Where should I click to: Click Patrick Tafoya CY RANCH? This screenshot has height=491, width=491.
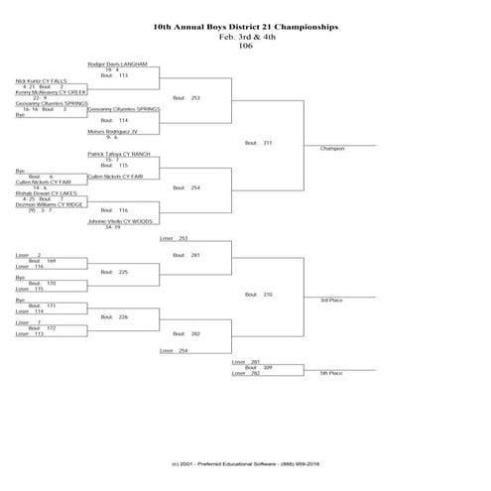click(120, 154)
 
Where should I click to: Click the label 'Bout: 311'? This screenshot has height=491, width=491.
click(259, 143)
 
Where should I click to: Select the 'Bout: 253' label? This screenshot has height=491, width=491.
click(186, 98)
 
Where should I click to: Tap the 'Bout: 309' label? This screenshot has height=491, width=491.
click(259, 367)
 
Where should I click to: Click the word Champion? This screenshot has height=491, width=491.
click(332, 149)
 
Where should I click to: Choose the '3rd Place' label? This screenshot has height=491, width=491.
click(330, 300)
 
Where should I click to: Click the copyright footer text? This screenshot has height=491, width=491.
click(245, 463)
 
